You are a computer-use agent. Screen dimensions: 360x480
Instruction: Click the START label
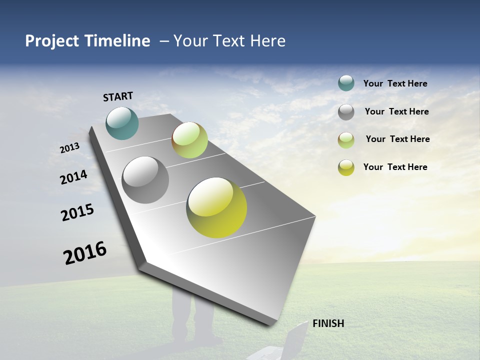[x=118, y=96]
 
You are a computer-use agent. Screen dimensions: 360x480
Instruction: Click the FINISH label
[x=328, y=323]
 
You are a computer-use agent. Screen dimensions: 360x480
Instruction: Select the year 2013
[x=69, y=148]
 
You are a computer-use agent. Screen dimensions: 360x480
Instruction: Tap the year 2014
[x=73, y=177]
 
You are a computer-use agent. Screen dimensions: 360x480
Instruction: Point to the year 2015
[x=77, y=212]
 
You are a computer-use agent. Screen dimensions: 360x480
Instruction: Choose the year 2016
[x=85, y=253]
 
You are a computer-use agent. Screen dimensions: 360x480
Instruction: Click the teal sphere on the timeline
[x=122, y=123]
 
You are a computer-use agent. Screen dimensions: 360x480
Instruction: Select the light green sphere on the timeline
[x=189, y=140]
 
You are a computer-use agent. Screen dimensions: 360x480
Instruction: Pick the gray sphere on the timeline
[x=145, y=180]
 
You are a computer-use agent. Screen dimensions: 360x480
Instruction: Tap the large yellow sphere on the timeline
[x=216, y=207]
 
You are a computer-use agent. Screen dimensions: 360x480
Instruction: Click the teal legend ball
[x=346, y=83]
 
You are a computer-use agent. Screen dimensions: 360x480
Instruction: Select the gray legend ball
[x=346, y=112]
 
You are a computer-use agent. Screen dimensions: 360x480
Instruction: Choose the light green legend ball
[x=346, y=140]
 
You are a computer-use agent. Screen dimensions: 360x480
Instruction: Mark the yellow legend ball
[x=346, y=167]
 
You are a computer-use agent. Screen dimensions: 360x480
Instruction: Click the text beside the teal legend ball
[x=395, y=83]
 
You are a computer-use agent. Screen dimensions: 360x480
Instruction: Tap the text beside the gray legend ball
[x=396, y=111]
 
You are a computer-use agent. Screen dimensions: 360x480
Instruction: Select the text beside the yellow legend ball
[x=395, y=167]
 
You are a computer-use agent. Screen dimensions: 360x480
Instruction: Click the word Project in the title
[x=52, y=41]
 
